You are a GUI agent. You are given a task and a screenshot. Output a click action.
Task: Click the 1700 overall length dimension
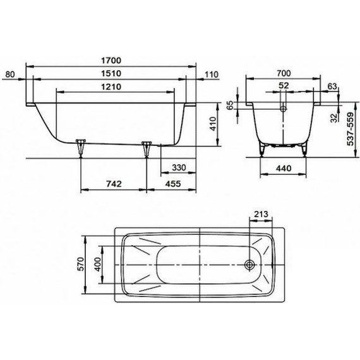(x=111, y=60)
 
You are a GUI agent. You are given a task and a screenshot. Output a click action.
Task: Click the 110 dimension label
(x=211, y=75)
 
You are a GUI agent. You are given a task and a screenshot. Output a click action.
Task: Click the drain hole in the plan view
(x=250, y=266)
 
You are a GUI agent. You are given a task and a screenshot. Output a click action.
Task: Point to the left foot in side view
(x=80, y=147)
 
